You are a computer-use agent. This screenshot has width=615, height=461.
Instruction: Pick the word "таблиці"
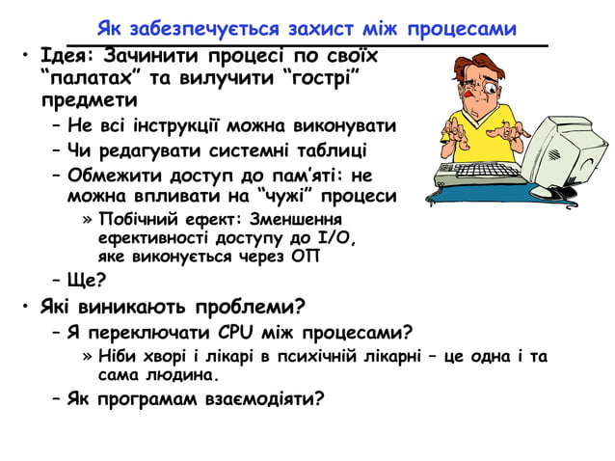click(332, 150)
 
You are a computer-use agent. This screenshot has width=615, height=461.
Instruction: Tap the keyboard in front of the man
click(472, 176)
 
